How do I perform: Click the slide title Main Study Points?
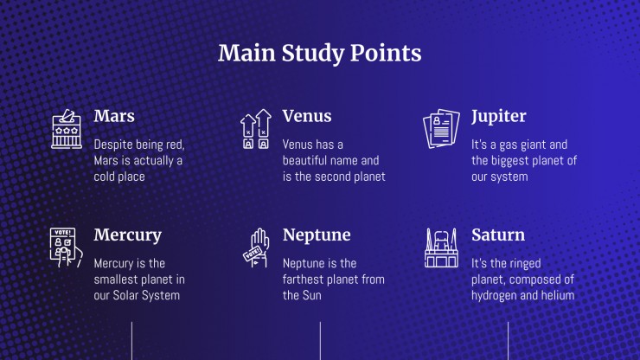320,53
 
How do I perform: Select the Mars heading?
114,116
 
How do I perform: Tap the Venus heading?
307,116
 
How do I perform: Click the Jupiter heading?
499,117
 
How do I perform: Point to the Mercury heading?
128,235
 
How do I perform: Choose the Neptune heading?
317,235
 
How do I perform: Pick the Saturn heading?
498,235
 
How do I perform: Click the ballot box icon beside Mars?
67,129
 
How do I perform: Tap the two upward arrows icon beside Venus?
256,129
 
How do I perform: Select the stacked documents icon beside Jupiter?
441,129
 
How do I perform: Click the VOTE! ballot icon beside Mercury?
66,247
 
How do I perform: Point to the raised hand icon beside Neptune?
256,247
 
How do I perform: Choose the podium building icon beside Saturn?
441,247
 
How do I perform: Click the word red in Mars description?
176,145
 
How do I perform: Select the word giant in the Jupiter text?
530,145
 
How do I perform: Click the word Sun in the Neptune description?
312,295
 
